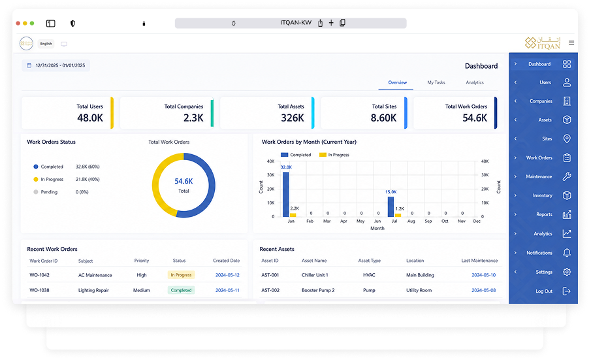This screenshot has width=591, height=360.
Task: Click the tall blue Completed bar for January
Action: (285, 195)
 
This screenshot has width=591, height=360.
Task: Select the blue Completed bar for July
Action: (391, 206)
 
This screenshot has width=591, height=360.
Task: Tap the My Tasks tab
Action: (436, 82)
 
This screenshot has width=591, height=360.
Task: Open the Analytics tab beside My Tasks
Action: (475, 82)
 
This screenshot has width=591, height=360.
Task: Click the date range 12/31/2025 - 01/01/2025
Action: (60, 65)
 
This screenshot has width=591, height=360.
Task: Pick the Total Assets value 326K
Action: (293, 118)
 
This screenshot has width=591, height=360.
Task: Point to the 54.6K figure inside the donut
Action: (184, 182)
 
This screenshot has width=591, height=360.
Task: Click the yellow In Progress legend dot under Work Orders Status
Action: (36, 180)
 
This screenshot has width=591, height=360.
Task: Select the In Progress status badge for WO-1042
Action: (181, 275)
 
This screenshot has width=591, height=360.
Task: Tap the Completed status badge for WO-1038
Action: (181, 290)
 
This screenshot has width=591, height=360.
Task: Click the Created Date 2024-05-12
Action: (227, 275)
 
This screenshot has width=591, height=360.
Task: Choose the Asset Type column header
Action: (370, 261)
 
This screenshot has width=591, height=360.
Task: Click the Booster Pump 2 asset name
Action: (318, 290)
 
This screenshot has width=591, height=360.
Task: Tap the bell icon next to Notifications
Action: (566, 253)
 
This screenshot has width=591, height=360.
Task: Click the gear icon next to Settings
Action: (566, 272)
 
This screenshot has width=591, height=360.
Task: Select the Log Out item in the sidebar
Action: (544, 291)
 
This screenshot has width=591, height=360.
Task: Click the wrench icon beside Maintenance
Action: (567, 176)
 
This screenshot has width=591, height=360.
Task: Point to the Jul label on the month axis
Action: (394, 221)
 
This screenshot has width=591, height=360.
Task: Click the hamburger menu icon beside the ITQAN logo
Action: (571, 43)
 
